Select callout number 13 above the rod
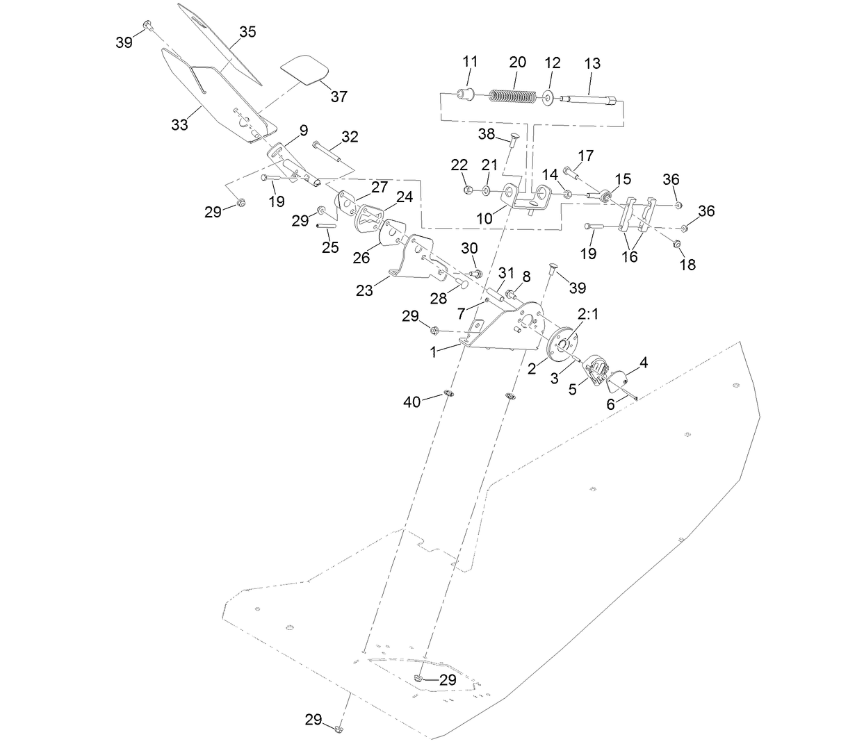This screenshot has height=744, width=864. pyautogui.click(x=592, y=63)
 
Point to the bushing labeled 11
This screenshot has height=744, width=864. pyautogui.click(x=466, y=94)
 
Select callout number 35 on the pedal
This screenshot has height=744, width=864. pyautogui.click(x=247, y=32)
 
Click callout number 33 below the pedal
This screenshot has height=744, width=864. pyautogui.click(x=179, y=124)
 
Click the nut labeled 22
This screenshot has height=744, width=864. pyautogui.click(x=467, y=188)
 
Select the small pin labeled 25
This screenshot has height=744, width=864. pyautogui.click(x=327, y=226)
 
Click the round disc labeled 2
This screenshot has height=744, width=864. pyautogui.click(x=555, y=347)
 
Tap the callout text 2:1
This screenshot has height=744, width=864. pyautogui.click(x=587, y=314)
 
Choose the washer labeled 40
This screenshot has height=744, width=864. pyautogui.click(x=448, y=395)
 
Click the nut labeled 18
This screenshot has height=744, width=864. pyautogui.click(x=677, y=244)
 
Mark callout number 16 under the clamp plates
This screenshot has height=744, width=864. pyautogui.click(x=630, y=257)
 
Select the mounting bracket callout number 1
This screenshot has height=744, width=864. pyautogui.click(x=434, y=352)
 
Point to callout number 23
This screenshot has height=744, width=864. pyautogui.click(x=365, y=290)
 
